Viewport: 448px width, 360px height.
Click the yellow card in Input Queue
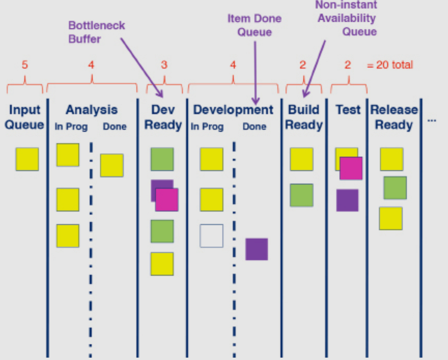click(27, 159)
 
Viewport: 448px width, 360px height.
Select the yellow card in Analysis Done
click(112, 165)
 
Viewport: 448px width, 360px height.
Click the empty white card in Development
click(211, 236)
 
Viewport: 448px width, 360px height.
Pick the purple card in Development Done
click(257, 249)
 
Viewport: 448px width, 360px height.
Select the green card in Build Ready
click(301, 195)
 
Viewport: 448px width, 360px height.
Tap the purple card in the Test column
click(347, 200)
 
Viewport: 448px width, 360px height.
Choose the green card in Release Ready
click(395, 188)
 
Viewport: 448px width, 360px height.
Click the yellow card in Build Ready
click(301, 159)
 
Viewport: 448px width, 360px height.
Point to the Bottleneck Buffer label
click(96, 32)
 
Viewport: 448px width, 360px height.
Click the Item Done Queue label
click(254, 25)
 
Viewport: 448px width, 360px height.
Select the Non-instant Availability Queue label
click(346, 18)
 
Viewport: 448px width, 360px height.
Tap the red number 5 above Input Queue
click(25, 65)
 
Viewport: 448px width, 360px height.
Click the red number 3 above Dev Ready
click(164, 65)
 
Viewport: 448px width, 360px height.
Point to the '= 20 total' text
click(390, 65)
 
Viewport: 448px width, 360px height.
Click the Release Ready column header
click(394, 117)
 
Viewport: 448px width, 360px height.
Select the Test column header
click(348, 110)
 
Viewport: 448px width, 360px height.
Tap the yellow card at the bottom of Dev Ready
click(162, 264)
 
